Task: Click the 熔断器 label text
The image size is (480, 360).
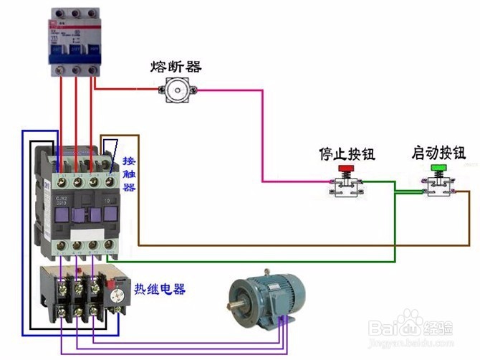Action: coord(176,67)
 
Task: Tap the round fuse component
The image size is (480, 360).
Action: coord(177,90)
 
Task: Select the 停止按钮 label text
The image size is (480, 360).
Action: coord(347,154)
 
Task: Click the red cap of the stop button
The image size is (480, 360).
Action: coord(346,170)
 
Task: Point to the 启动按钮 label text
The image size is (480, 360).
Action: coord(438,153)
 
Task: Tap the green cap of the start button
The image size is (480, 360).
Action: coord(438,169)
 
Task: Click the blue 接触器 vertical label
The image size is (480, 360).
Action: coord(128,174)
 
